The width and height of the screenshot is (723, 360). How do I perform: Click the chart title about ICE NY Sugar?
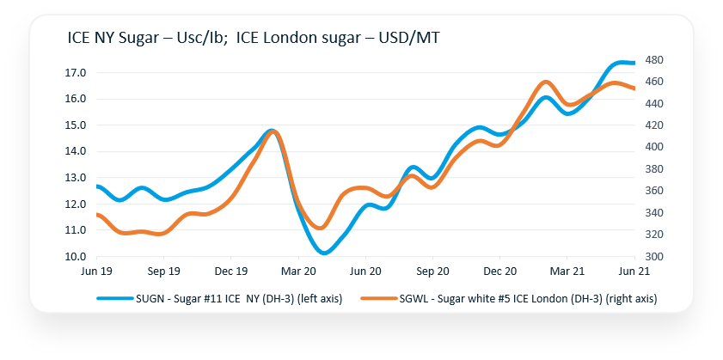click(x=254, y=39)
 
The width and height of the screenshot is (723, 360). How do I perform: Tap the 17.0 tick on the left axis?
click(x=75, y=73)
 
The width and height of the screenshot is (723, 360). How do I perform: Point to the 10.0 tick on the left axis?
click(x=75, y=257)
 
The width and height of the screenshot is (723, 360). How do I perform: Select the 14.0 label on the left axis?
click(x=75, y=152)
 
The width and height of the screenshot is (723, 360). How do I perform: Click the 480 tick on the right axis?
click(x=655, y=60)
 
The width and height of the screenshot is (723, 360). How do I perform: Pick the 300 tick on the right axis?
click(x=655, y=257)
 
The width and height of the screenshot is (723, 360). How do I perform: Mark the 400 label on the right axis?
click(x=655, y=148)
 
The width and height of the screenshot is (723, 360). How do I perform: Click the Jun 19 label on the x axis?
click(x=96, y=271)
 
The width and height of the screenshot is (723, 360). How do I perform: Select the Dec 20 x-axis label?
click(x=499, y=271)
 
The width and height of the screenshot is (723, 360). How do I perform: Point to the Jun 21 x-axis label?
click(x=634, y=271)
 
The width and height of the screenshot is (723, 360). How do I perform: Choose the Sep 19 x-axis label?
click(x=163, y=271)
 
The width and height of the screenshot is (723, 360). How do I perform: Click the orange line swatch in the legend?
click(x=377, y=297)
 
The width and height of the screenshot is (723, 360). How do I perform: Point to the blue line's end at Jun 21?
click(x=634, y=63)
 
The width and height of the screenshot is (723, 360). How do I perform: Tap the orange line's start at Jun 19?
click(x=97, y=215)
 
